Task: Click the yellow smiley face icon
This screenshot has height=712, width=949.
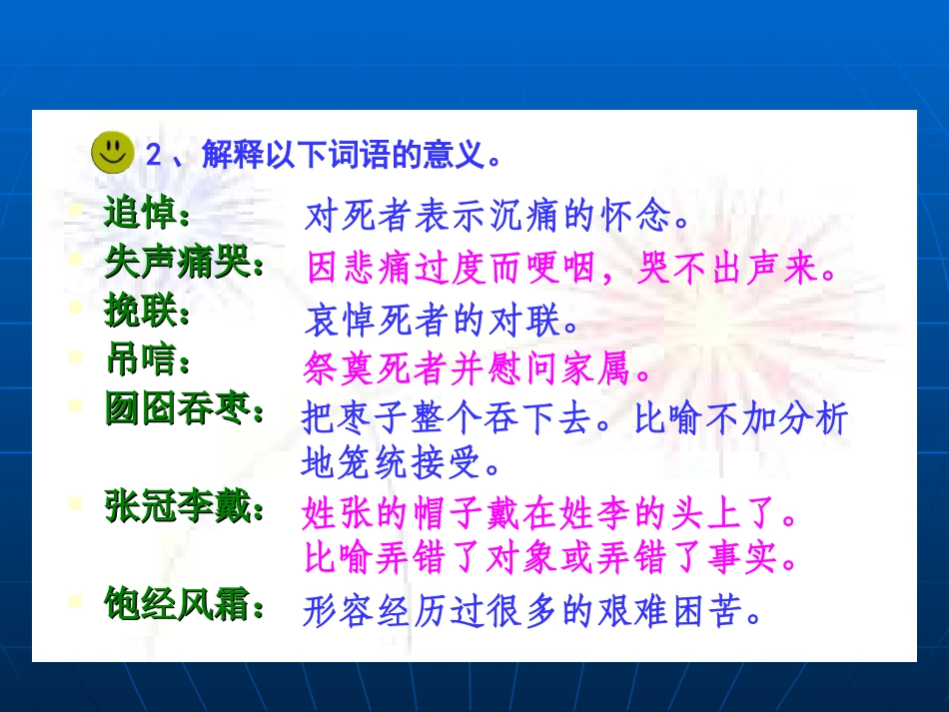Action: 114,152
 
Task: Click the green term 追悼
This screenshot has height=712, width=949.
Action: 147,214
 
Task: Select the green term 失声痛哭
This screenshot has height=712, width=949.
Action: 185,263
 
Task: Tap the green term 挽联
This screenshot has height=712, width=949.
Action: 147,314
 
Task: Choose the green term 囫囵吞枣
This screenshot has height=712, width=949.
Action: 185,409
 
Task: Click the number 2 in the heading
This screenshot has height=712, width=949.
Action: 153,155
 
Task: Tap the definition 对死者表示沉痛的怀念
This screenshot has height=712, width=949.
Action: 497,215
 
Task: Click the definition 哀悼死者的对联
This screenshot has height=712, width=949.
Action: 442,321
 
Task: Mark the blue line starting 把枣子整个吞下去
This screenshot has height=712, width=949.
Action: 574,418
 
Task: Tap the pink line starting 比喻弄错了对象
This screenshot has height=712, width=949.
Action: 552,557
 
